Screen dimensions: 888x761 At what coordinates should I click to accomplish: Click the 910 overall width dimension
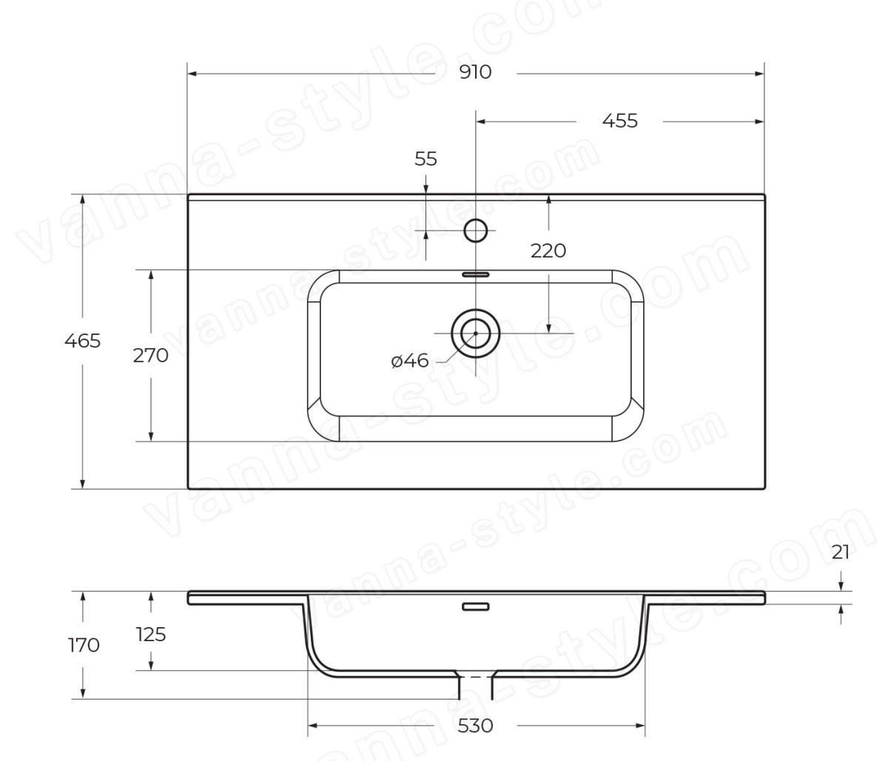click(x=475, y=72)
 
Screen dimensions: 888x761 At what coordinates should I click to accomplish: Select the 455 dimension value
click(x=619, y=121)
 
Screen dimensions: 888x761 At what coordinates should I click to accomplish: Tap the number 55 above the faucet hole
click(x=425, y=159)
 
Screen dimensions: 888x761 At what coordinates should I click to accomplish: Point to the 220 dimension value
click(x=548, y=251)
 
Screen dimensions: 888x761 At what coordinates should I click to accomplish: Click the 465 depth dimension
click(x=82, y=341)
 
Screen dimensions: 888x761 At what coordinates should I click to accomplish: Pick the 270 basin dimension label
click(x=150, y=356)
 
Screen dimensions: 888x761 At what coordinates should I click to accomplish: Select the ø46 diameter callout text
click(x=410, y=360)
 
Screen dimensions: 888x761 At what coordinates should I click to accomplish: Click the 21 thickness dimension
click(x=841, y=552)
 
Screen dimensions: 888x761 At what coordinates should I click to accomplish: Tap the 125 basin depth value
click(x=151, y=635)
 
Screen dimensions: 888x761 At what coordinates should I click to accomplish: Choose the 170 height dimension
click(x=84, y=645)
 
